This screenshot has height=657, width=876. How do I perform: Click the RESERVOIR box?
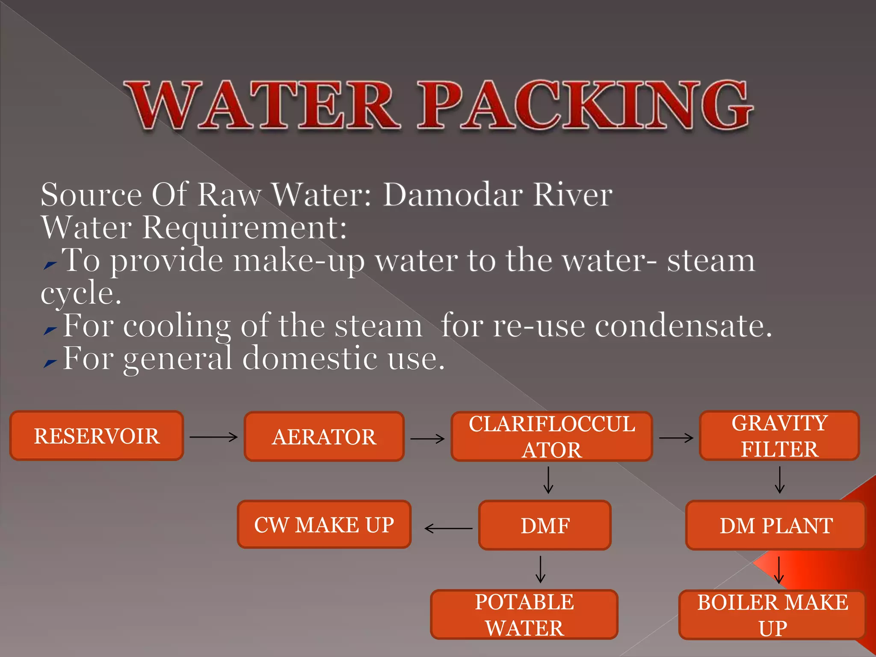97,436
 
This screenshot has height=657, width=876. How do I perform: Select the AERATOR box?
324,437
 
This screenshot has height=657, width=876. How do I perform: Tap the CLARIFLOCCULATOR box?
552,437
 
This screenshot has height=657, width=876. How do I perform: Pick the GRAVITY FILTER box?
779,436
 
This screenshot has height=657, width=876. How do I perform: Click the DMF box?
545,525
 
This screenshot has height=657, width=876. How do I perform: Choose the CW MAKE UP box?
324,524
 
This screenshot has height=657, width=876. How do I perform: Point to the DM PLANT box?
776,525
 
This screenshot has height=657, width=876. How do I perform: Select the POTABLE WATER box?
524,615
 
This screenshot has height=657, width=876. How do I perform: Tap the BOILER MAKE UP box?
772,615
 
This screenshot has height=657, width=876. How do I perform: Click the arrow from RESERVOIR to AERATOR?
213,437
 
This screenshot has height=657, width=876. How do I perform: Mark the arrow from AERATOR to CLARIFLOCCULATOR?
427,438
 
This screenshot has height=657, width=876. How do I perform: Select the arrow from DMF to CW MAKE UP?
448,529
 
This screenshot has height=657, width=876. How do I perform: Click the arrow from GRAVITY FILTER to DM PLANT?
780,480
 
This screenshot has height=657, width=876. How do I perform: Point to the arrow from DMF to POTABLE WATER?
541,569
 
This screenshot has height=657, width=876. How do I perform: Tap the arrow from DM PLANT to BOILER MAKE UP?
779,570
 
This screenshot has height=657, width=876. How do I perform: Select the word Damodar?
453,195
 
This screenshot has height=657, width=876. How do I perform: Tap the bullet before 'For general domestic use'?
50,363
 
